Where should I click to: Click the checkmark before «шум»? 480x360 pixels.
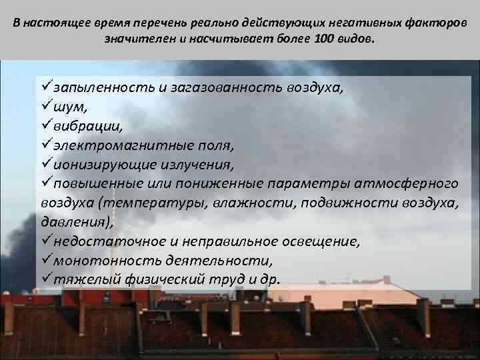46,105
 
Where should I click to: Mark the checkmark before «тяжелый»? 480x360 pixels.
46,279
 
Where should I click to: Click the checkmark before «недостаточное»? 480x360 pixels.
46,241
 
